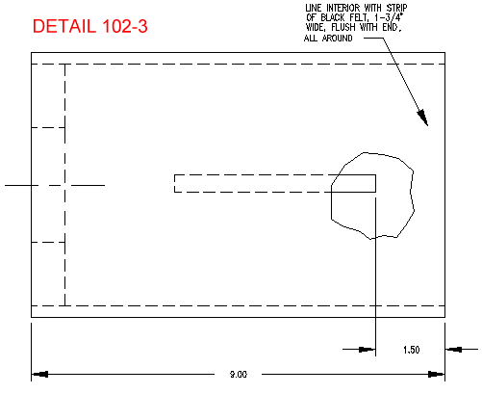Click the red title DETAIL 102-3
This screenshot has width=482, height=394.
[90, 26]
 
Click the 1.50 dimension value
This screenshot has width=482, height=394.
[412, 350]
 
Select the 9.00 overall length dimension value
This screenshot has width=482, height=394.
[239, 375]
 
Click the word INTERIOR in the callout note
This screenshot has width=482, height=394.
[343, 8]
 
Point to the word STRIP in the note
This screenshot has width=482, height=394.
[396, 8]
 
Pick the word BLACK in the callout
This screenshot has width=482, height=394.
[333, 17]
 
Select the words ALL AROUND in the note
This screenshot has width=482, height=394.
[328, 39]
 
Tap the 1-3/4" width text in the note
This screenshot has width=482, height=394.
[389, 17]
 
